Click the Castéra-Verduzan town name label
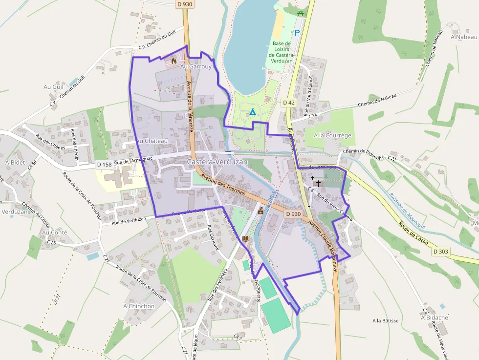tap(217, 162)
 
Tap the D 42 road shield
tap(288, 102)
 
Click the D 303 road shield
tap(440, 251)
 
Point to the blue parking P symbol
tap(297, 33)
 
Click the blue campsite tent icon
tap(253, 112)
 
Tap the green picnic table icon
tap(301, 12)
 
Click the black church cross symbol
tap(318, 184)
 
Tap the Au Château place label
tap(152, 141)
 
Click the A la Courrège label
tap(332, 135)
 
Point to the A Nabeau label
tap(463, 37)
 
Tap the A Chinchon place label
tap(139, 306)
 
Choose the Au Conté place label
tap(55, 233)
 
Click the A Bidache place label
tap(435, 318)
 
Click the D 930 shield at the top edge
tap(184, 3)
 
